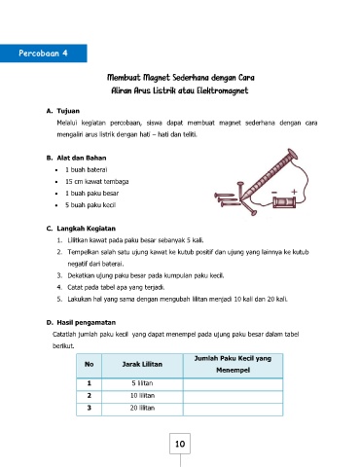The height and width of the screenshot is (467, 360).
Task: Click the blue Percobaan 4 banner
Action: point(43,54)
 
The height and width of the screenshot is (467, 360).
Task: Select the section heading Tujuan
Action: point(68,111)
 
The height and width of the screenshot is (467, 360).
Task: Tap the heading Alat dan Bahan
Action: point(82,158)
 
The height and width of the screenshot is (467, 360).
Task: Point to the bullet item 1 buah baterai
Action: point(87,169)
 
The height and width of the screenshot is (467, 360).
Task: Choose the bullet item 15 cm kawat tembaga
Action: point(97,181)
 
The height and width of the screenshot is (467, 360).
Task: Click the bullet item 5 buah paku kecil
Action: point(90,205)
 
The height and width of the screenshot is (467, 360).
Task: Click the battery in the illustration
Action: point(284,202)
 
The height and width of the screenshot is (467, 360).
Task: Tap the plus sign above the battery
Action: point(294,192)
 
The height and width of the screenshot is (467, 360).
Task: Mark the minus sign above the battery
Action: point(274,193)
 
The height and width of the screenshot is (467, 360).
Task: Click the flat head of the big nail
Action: point(292,154)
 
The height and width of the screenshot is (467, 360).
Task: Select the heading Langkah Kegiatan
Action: point(86,229)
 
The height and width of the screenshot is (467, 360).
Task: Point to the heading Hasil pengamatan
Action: point(87,322)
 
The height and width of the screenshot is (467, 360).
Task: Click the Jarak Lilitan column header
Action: point(142,364)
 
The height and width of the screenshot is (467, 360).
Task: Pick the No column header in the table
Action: point(89,364)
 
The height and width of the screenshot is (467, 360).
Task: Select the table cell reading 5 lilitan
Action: point(142,383)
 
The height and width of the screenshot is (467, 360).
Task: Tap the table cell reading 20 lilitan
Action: point(142,408)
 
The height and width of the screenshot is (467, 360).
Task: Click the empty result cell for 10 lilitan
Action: point(233,396)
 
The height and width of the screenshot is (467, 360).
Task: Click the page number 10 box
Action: point(180,444)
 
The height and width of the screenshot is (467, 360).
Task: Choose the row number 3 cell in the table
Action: point(89,408)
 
